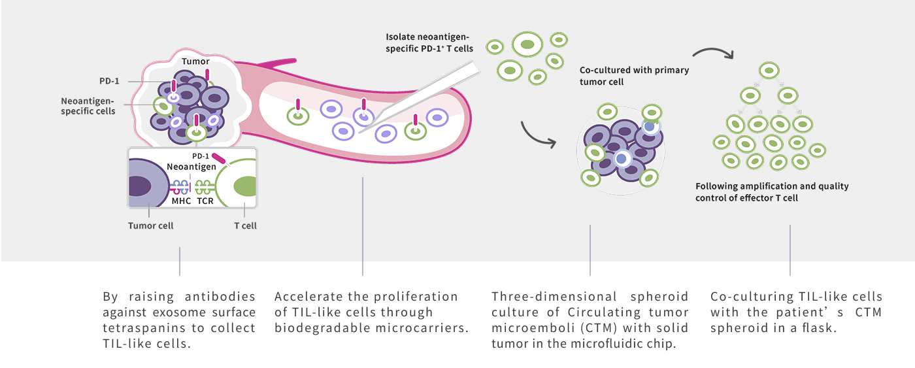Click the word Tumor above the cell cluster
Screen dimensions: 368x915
coord(195,61)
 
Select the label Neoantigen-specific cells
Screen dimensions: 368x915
coord(88,106)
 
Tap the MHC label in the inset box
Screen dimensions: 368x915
coord(181,201)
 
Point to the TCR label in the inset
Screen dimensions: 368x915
coord(205,201)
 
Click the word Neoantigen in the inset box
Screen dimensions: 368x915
coord(191,167)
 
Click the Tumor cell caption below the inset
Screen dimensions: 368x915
coord(150,226)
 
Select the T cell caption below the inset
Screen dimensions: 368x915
coord(245,226)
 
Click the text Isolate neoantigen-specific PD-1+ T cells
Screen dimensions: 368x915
coord(429,42)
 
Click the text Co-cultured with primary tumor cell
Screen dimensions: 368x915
coord(634,76)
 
